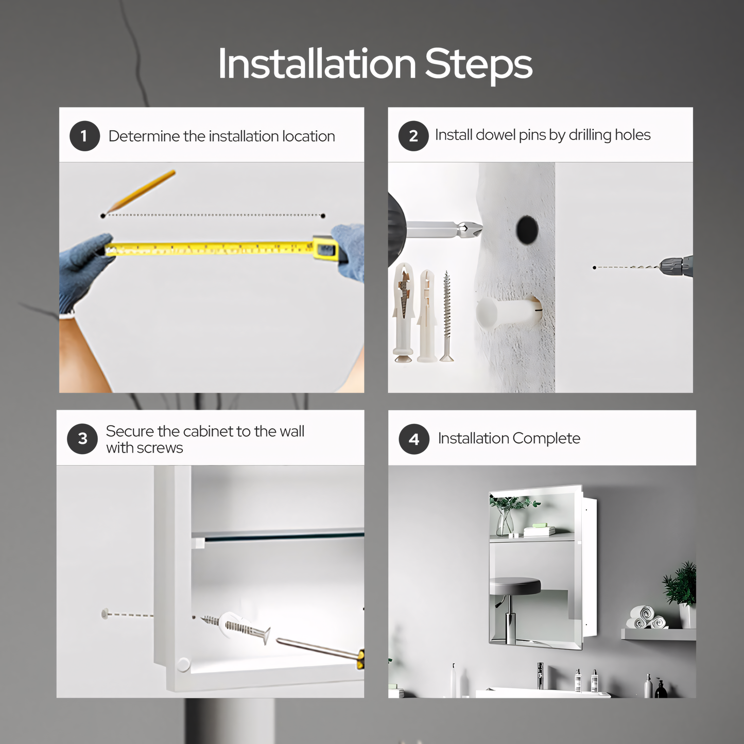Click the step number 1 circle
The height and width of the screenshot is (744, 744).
[84, 136]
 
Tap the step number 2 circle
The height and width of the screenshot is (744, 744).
[413, 136]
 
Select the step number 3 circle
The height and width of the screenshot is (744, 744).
[82, 439]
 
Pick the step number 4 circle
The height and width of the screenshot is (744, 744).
[414, 439]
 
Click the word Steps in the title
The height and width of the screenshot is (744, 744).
[478, 64]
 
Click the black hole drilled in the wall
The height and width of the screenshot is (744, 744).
[527, 230]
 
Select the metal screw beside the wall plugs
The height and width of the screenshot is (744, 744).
[447, 316]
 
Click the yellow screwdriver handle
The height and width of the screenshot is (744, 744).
[359, 660]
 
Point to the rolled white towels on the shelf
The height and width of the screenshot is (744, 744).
[645, 618]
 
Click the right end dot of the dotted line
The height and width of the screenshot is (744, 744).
[323, 216]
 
